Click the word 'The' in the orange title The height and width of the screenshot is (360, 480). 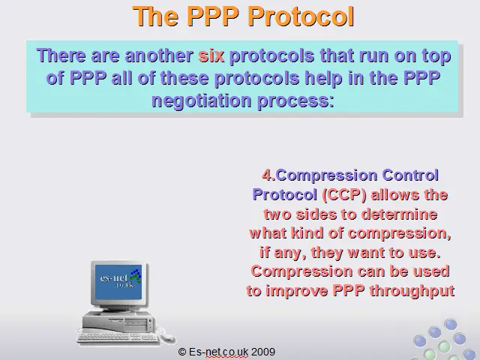pyautogui.click(x=155, y=16)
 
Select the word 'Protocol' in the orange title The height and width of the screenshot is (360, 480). pyautogui.click(x=301, y=16)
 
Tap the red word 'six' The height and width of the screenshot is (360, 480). pyautogui.click(x=211, y=55)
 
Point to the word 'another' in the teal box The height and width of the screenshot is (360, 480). pyautogui.click(x=159, y=55)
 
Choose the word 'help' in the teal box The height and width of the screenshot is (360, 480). pyautogui.click(x=323, y=78)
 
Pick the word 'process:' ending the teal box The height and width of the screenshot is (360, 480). pyautogui.click(x=295, y=100)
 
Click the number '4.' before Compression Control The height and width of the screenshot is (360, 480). pyautogui.click(x=268, y=175)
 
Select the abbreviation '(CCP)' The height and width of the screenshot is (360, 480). pyautogui.click(x=344, y=195)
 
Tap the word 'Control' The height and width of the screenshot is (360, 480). pyautogui.click(x=410, y=175)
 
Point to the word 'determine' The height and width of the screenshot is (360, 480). pyautogui.click(x=399, y=214)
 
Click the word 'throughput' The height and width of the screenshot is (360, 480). pyautogui.click(x=412, y=291)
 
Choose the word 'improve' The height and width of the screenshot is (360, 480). pyautogui.click(x=297, y=291)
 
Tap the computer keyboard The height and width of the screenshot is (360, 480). pyautogui.click(x=118, y=338)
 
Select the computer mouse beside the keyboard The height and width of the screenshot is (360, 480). pyautogui.click(x=167, y=337)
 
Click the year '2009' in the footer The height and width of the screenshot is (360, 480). pyautogui.click(x=263, y=352)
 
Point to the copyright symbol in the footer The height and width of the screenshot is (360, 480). pyautogui.click(x=181, y=352)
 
